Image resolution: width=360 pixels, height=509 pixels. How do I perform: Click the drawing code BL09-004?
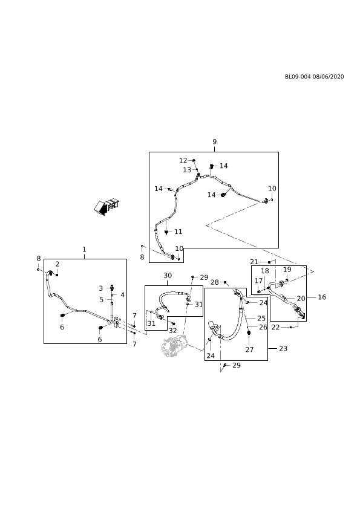pos(298,77)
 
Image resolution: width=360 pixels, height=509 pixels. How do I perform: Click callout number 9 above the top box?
pos(214,141)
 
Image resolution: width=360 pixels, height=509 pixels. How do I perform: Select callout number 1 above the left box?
pos(84,249)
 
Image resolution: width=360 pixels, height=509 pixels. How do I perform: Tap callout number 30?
pos(168,276)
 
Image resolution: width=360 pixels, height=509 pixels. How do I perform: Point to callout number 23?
pos(283,348)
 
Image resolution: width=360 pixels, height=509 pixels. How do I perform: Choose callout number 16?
pos(322,297)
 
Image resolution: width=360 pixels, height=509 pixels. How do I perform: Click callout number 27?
pos(249,349)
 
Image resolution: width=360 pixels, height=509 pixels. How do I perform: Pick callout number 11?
pos(178,232)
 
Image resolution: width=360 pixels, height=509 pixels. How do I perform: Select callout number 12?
pos(183,160)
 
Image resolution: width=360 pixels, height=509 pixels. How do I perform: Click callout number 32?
pos(172,331)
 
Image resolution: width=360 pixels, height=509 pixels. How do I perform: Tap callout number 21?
pos(254,262)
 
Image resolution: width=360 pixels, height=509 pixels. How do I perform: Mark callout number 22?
pos(275,327)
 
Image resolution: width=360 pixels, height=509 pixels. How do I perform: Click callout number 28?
pos(215,282)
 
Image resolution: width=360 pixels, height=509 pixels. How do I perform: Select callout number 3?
pos(101,288)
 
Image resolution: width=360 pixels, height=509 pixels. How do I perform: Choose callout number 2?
pos(57,264)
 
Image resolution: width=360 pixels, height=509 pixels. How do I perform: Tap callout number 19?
pos(287,270)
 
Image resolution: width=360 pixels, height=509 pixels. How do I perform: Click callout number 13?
pos(187,170)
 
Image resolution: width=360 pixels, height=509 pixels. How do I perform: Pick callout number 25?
pos(261,319)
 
